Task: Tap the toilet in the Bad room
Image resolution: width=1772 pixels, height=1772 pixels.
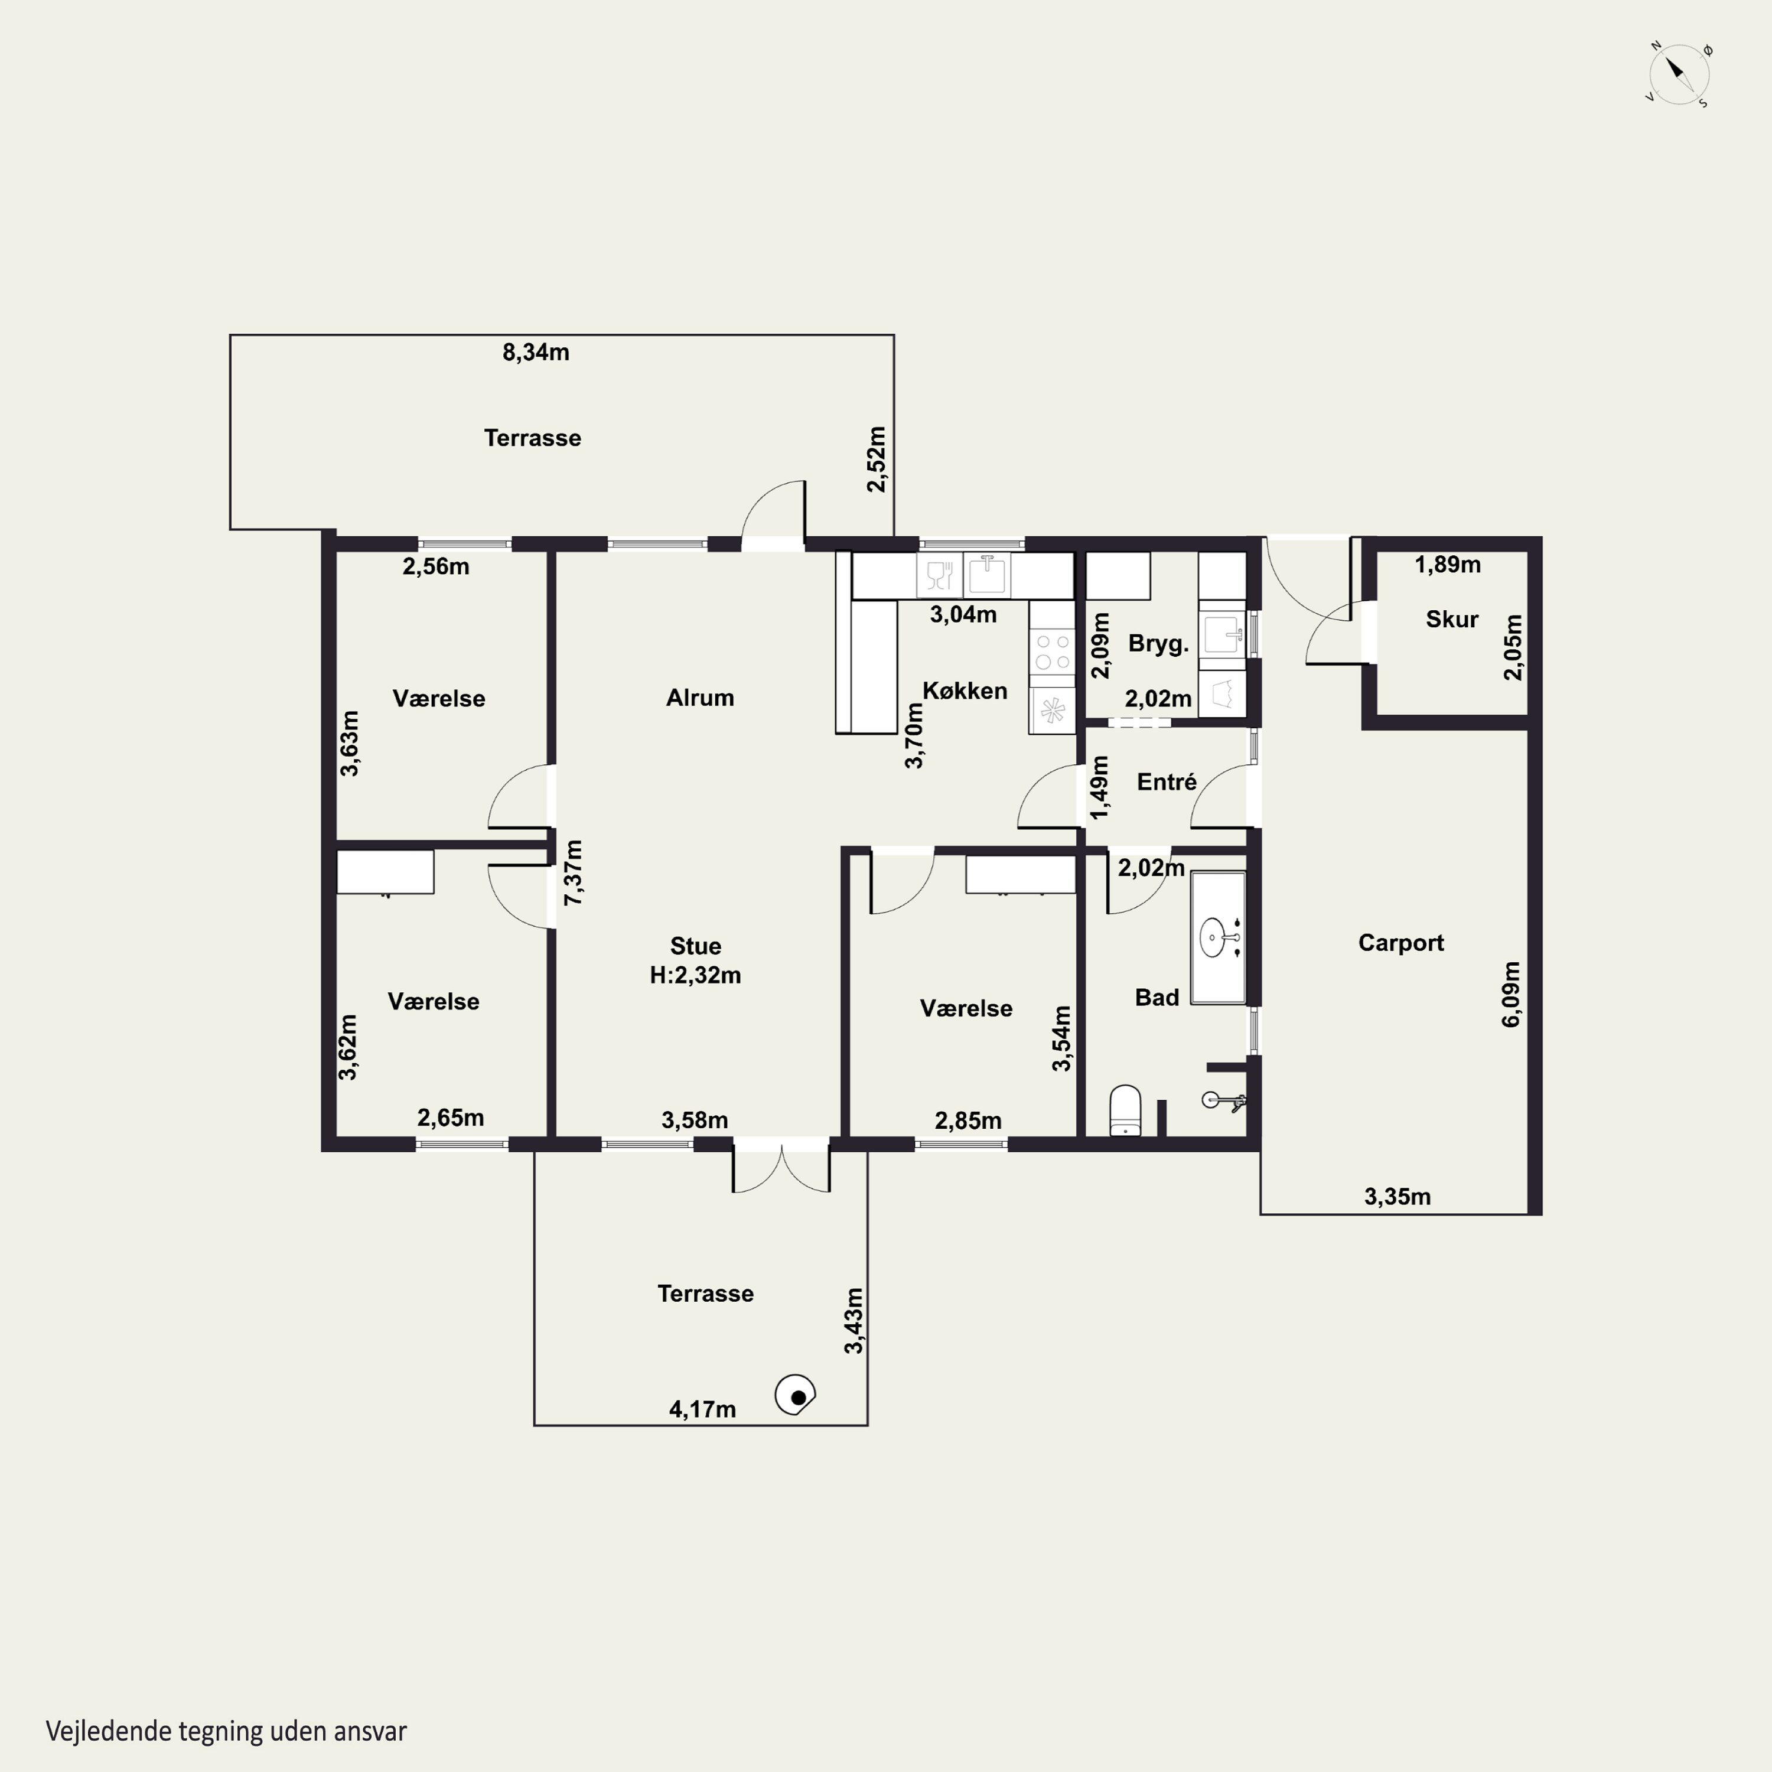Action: pyautogui.click(x=1125, y=1110)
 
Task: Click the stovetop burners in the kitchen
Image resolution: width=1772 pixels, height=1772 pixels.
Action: pyautogui.click(x=1052, y=651)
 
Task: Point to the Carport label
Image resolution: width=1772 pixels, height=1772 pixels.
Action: pyautogui.click(x=1400, y=943)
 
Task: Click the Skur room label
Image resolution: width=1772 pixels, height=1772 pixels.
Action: pyautogui.click(x=1452, y=619)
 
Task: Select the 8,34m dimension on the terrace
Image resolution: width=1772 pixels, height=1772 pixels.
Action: pyautogui.click(x=536, y=352)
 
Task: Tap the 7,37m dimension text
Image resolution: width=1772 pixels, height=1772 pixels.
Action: pyautogui.click(x=572, y=872)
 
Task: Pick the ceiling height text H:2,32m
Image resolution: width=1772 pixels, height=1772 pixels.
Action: pyautogui.click(x=695, y=975)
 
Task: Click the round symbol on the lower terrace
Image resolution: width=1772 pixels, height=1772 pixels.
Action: pyautogui.click(x=795, y=1396)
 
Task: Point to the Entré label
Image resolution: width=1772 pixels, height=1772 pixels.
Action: pyautogui.click(x=1167, y=783)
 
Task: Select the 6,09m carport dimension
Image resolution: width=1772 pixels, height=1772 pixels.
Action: pyautogui.click(x=1510, y=994)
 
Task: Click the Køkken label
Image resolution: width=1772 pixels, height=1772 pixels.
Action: pyautogui.click(x=965, y=690)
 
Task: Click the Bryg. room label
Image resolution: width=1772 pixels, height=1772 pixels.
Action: pyautogui.click(x=1158, y=644)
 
